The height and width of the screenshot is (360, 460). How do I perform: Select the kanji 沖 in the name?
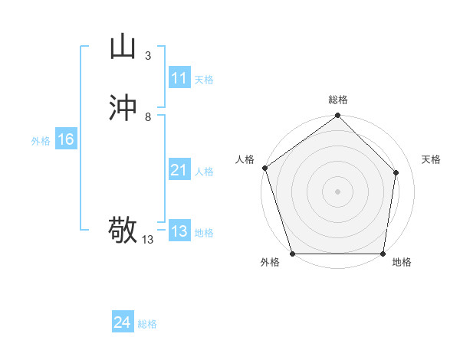pos(123,108)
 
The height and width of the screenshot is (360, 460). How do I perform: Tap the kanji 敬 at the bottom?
pos(123,229)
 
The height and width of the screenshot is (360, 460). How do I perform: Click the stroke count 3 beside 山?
pos(148,56)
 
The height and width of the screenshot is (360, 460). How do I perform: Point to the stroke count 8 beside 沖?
pos(148,116)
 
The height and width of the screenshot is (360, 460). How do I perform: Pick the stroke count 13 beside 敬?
pos(148,240)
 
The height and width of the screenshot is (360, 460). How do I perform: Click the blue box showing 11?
pos(179,79)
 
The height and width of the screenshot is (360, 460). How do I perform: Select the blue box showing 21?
pos(179,171)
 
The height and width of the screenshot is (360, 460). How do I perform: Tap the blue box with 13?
pos(179,232)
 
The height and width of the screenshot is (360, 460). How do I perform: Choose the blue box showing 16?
pos(66,140)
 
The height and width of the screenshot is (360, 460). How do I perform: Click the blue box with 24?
pos(123,323)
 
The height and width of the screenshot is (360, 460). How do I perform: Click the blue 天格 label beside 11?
pos(204,80)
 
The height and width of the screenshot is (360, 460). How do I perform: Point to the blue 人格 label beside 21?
pos(204,172)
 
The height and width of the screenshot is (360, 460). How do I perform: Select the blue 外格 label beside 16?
pos(41,141)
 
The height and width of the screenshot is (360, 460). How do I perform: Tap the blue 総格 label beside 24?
pos(147,324)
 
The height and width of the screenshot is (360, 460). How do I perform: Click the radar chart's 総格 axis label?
pos(338,100)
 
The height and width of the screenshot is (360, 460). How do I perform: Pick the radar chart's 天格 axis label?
pos(432,159)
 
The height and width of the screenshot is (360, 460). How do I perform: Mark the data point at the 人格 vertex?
pos(264,168)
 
